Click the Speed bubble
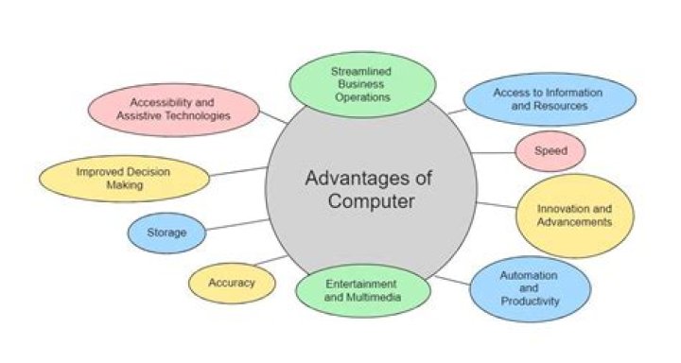pos(550,151)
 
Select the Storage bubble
pos(166,232)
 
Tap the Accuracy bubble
pos(232,281)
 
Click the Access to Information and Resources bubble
pos(540,99)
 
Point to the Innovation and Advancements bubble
pos(573,216)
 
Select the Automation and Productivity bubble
pos(530,288)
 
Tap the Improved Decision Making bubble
pos(124,178)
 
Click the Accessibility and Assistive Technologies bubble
pos(173,109)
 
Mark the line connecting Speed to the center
pos(494,152)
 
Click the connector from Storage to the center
pos(236,224)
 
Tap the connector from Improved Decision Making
pos(238,171)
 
